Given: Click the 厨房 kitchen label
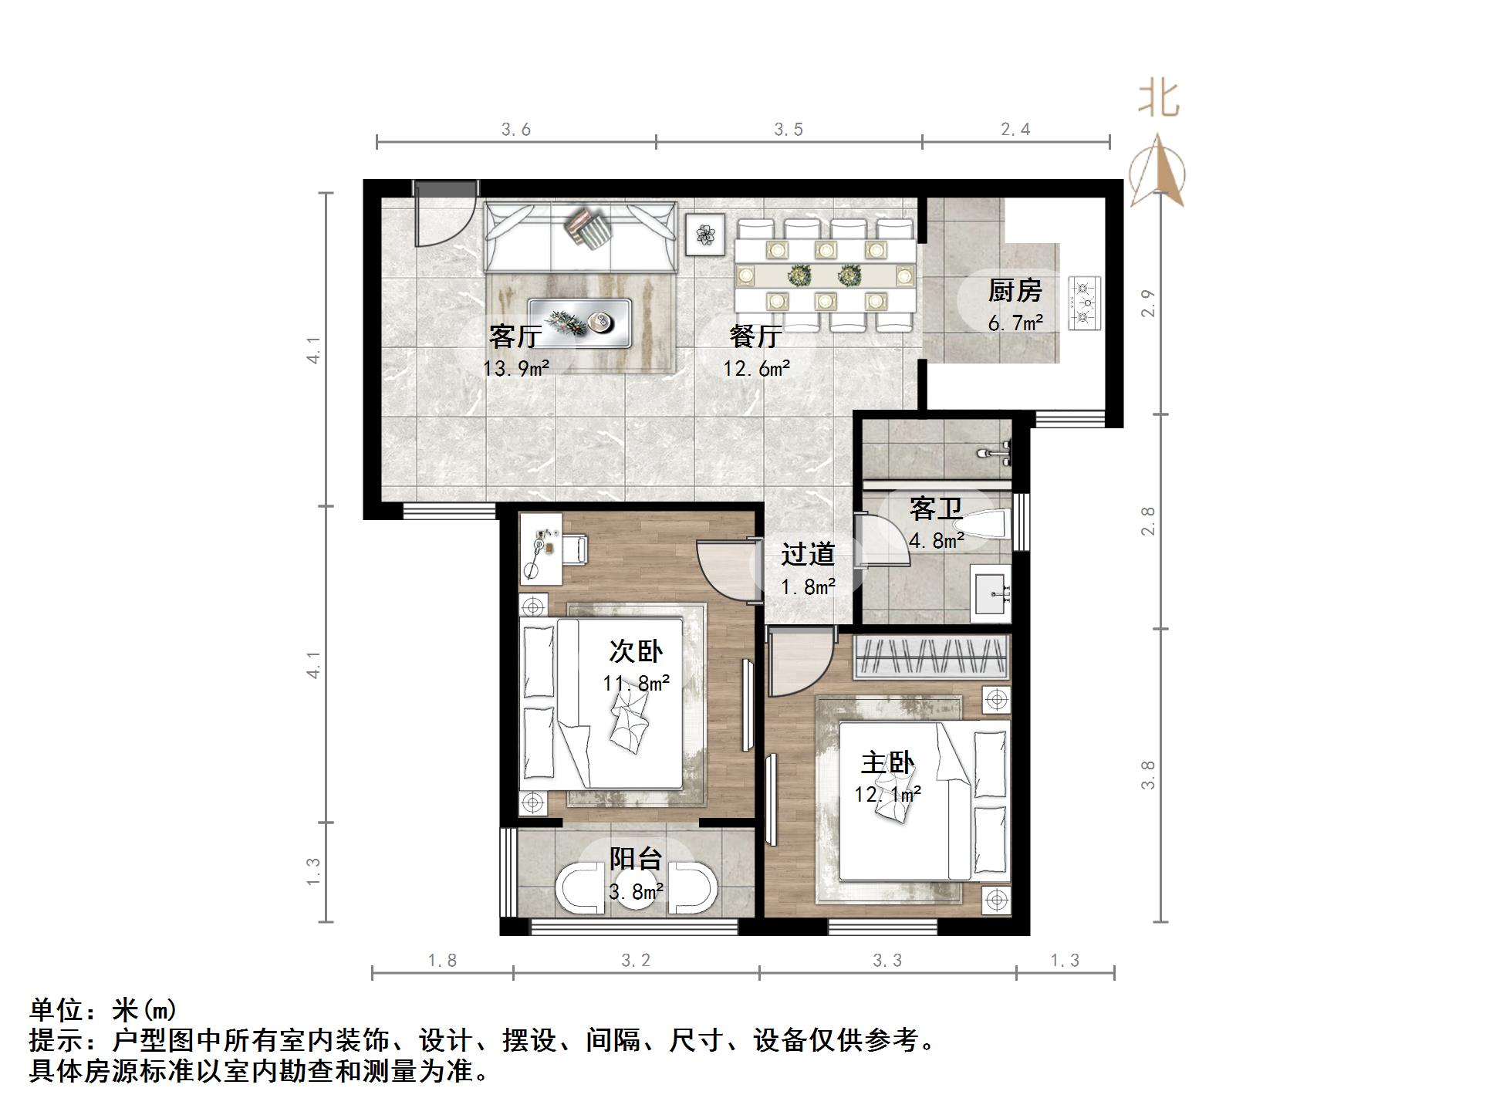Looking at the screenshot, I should [x=1015, y=291].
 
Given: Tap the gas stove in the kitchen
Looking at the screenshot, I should [x=1085, y=302].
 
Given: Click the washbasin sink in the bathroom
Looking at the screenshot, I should [x=990, y=593].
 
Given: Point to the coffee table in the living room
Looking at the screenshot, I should [x=579, y=322].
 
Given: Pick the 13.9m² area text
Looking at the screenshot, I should [x=516, y=368].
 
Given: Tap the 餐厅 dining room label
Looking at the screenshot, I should [x=755, y=336].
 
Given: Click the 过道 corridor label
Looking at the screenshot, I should [x=808, y=553].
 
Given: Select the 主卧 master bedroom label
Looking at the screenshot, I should [x=887, y=763].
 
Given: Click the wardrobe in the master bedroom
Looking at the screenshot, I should [x=931, y=657].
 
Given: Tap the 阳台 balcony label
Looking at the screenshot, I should [x=636, y=859].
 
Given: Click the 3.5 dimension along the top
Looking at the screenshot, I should [x=789, y=130].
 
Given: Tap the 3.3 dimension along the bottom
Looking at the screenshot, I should [x=887, y=961].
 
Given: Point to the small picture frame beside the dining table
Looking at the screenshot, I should [x=705, y=235].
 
